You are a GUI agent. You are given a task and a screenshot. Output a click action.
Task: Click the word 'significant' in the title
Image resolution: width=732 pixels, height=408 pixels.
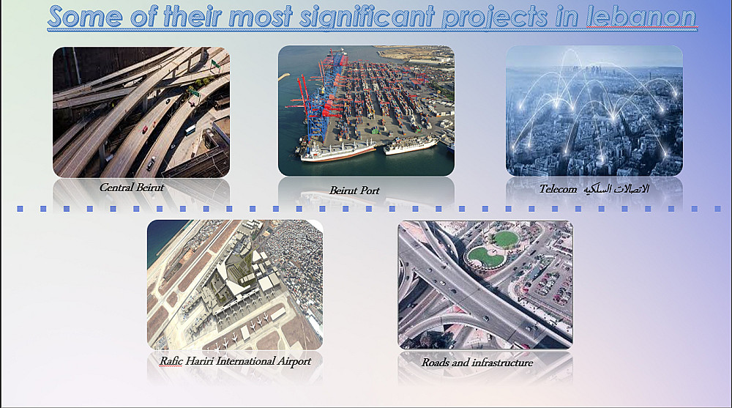coord(367,18)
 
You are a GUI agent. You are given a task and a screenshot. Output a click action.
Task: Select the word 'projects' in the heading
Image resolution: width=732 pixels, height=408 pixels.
coord(495,18)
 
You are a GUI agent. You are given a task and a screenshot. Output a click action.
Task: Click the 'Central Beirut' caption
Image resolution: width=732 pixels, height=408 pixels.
coord(132,188)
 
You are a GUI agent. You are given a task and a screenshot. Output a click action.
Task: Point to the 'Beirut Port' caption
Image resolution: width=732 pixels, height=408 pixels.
coord(354,190)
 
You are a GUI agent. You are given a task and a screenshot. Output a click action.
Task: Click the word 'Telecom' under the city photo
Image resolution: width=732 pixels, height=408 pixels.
coord(558,189)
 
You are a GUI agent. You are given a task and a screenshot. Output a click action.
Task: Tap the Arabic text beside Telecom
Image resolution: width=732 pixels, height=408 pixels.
coord(616,189)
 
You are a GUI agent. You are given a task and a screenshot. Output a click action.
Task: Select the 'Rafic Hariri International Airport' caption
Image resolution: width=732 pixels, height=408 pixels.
coord(235,361)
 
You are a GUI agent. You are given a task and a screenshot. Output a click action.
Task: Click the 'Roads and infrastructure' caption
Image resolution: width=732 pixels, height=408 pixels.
coord(477,363)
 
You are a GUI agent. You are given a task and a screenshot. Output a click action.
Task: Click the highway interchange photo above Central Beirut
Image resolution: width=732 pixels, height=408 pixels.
coord(141,112)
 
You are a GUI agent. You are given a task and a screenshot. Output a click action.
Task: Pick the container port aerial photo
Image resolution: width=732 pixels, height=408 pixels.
coord(366,111)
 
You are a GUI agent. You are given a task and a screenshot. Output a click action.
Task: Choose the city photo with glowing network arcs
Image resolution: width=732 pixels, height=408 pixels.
coord(594,111)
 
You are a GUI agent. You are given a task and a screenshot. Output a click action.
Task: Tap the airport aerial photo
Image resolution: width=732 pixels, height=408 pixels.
coord(235,285)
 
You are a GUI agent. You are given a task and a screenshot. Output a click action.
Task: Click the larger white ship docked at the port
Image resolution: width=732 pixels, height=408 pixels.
coord(337,151)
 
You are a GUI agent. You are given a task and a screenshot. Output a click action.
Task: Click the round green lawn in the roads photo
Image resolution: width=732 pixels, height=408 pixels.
coord(506,239)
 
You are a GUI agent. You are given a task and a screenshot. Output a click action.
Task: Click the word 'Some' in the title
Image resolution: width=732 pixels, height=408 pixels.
coord(86,17)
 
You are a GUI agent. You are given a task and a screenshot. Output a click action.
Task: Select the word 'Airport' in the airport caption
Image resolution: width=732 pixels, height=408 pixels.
coord(294,361)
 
